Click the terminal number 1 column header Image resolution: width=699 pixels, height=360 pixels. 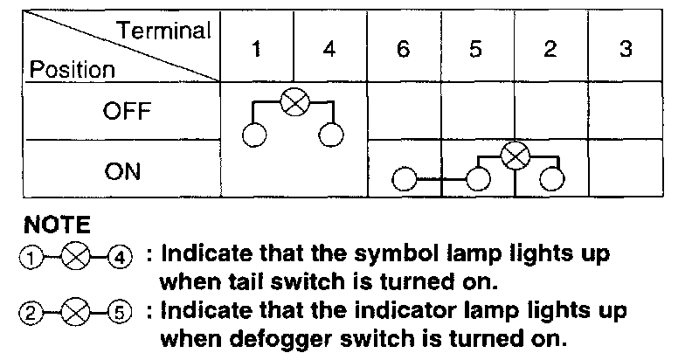click(256, 49)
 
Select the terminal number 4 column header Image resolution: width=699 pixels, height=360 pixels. click(329, 49)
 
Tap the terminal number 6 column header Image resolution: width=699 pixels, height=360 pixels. click(403, 49)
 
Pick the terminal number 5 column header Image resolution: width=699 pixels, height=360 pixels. click(476, 49)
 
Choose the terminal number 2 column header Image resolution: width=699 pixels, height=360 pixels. click(550, 49)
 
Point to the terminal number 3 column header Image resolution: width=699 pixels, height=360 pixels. click(625, 49)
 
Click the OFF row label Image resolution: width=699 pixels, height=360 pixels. click(128, 112)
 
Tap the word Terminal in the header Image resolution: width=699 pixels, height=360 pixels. click(165, 31)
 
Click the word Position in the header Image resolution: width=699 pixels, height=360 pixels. click(73, 68)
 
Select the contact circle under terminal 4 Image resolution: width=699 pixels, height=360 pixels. click(331, 135)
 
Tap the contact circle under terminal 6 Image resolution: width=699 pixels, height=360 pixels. click(404, 180)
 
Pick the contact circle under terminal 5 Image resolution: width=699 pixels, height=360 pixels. click(477, 180)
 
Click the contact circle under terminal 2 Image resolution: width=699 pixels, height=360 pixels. click(550, 180)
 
